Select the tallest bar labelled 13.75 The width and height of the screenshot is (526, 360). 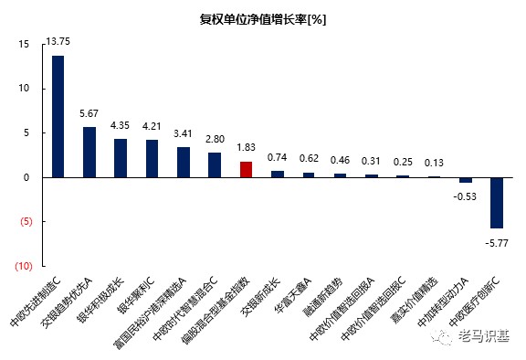[x=58, y=116]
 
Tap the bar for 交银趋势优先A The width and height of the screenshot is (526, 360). [x=89, y=152]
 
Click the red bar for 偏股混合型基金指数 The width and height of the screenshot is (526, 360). [x=246, y=169]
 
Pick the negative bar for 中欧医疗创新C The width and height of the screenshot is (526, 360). [x=497, y=202]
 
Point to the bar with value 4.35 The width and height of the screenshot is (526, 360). [x=121, y=157]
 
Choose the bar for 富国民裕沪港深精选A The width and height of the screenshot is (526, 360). [x=183, y=162]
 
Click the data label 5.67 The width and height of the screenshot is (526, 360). [x=89, y=113]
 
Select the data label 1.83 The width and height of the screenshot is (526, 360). [x=246, y=147]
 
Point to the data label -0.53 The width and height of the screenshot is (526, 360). [x=465, y=196]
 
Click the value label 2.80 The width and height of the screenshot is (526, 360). [x=215, y=139]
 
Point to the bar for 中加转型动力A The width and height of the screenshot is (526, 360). [x=465, y=180]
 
